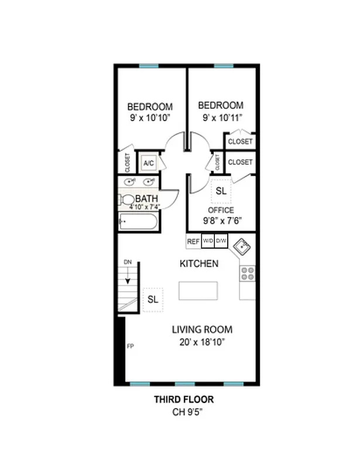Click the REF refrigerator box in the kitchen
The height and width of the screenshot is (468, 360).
click(x=193, y=241)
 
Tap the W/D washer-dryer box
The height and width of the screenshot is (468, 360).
click(x=208, y=241)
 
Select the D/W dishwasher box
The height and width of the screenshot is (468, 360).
click(x=221, y=241)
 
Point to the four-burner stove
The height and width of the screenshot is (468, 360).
click(x=248, y=273)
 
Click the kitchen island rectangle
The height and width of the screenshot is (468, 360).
click(x=198, y=290)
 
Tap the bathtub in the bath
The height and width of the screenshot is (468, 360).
click(x=138, y=222)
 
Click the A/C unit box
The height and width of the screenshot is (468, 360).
click(x=148, y=163)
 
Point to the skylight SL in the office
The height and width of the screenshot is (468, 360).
click(x=221, y=191)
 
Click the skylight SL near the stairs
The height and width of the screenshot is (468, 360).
click(x=153, y=300)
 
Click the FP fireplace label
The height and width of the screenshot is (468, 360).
click(x=130, y=346)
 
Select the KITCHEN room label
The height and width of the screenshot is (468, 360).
click(x=199, y=264)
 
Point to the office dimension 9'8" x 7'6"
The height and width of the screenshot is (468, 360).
click(x=222, y=221)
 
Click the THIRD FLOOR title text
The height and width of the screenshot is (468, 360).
click(x=184, y=400)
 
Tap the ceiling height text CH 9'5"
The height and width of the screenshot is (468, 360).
click(x=184, y=412)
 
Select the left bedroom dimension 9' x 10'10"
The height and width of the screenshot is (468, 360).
click(x=150, y=118)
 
